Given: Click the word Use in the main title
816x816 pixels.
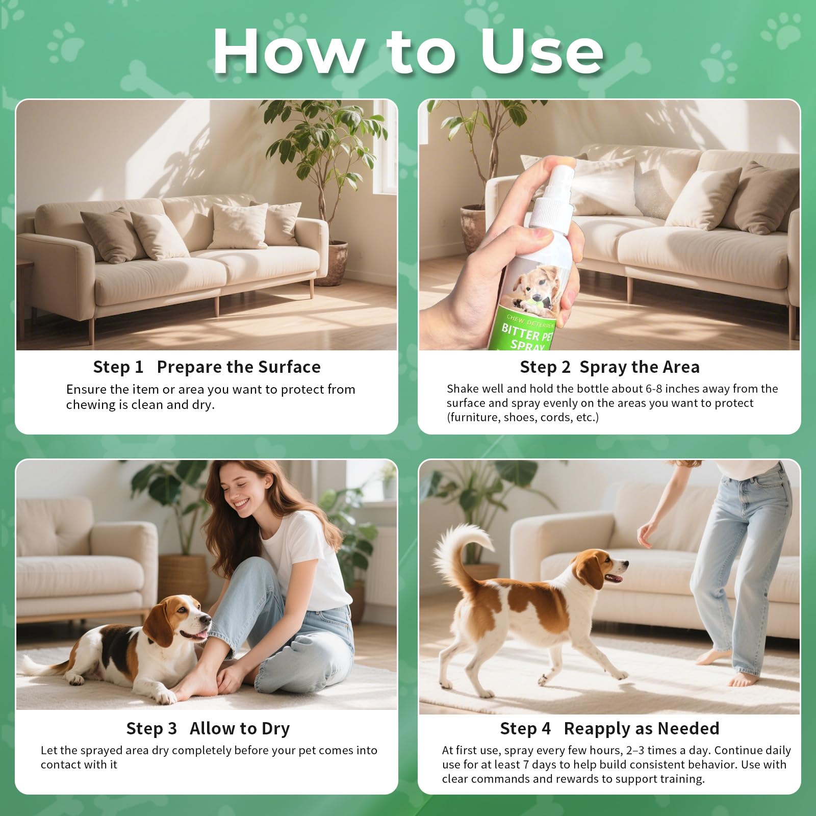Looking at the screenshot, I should tap(542, 51).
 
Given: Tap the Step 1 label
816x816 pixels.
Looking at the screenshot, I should tap(118, 367).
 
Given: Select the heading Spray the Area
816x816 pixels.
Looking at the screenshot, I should tap(640, 367).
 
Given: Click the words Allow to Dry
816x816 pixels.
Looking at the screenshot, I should tap(240, 728).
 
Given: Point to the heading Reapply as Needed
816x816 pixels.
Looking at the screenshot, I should tap(642, 728).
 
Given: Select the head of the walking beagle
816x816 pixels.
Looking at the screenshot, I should tap(602, 569).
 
